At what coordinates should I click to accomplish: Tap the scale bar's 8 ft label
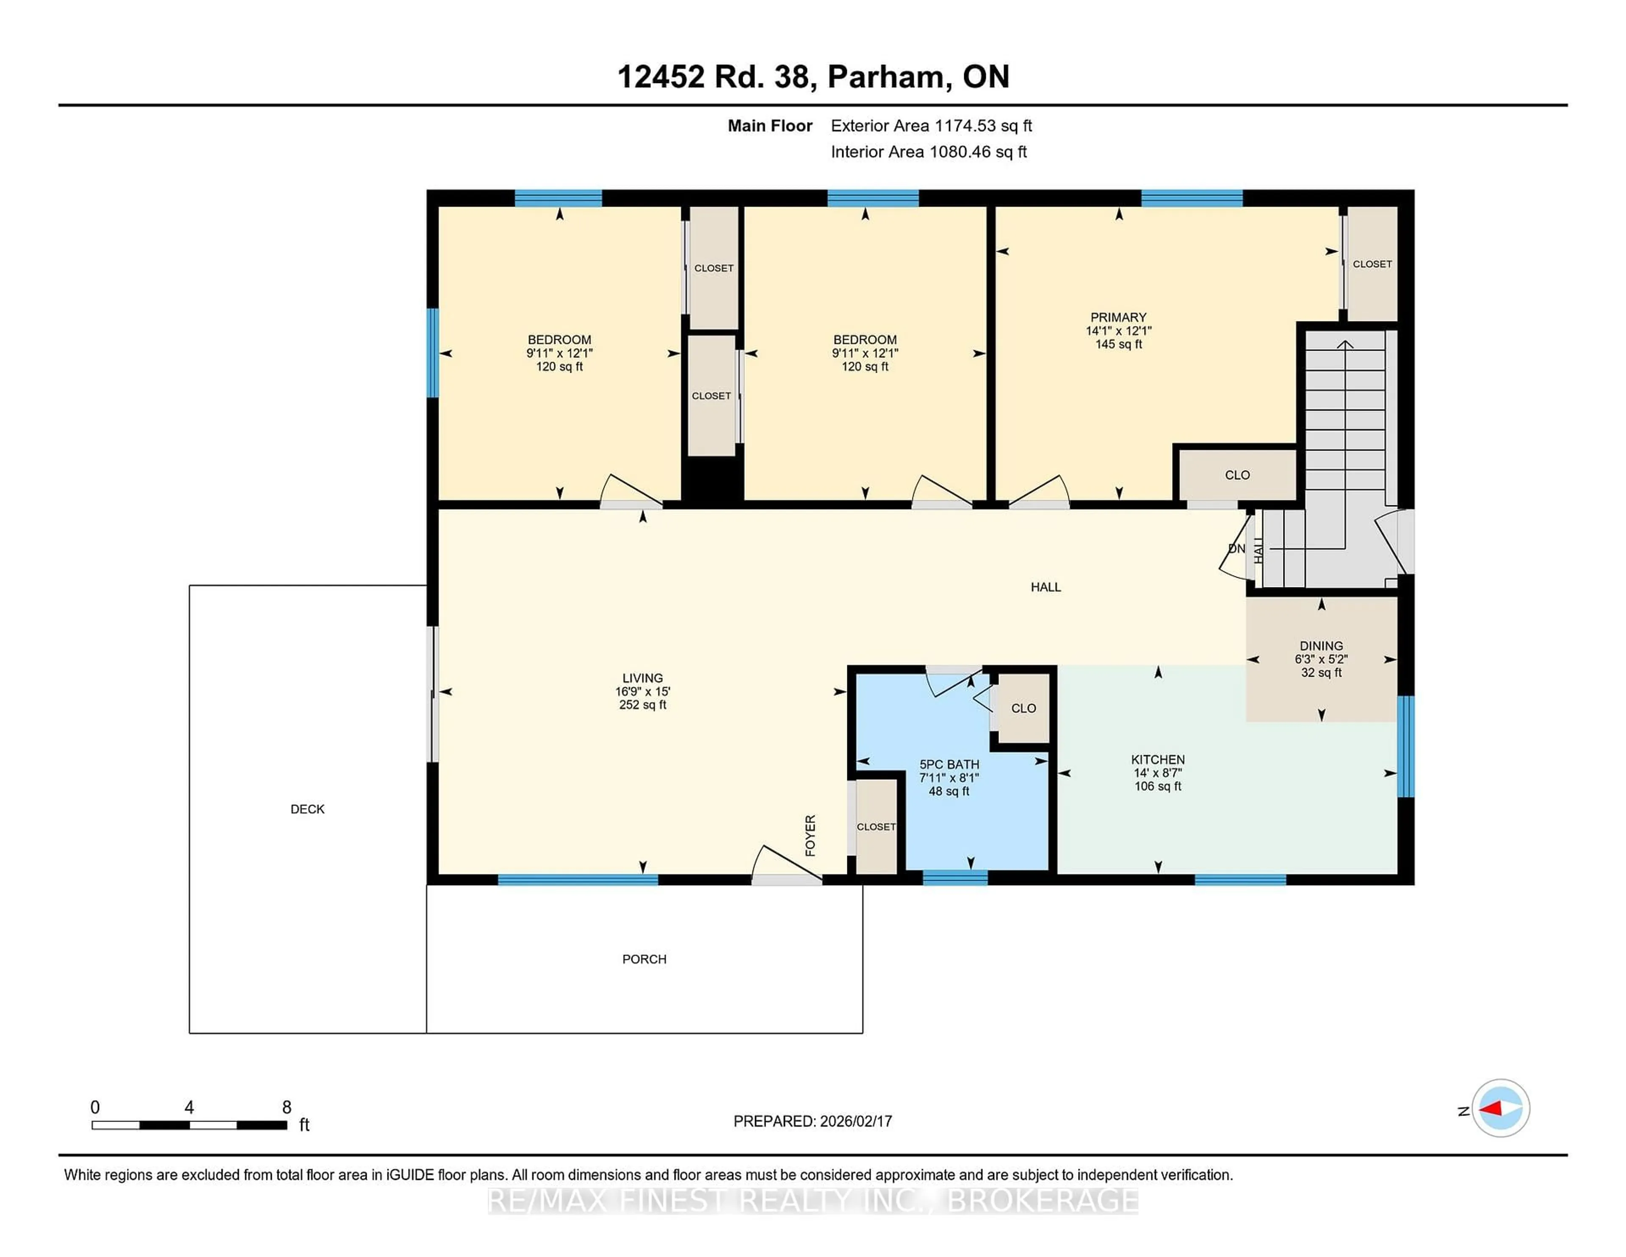click(x=287, y=1107)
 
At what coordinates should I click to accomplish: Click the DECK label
click(x=307, y=809)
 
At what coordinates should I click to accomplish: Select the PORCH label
click(x=644, y=959)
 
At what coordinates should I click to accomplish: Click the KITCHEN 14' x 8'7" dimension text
click(x=1158, y=773)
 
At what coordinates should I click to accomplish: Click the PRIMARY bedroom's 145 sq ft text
click(x=1118, y=344)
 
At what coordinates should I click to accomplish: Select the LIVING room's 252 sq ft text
click(x=642, y=704)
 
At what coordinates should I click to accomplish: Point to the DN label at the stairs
click(x=1236, y=549)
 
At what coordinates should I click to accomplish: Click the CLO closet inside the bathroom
click(x=1023, y=708)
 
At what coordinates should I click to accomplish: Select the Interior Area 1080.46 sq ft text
click(x=929, y=152)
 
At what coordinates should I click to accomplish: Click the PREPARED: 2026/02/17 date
click(x=812, y=1121)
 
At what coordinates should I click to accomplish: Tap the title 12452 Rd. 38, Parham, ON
click(x=813, y=77)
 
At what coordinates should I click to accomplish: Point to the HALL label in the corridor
click(x=1045, y=587)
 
